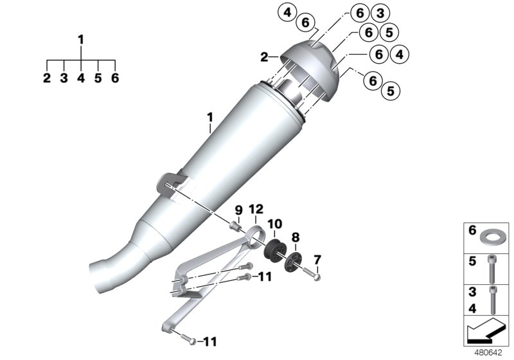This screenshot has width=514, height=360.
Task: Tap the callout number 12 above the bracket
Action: click(256, 209)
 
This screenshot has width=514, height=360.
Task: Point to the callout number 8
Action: click(296, 237)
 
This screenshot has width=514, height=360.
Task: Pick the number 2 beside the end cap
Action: click(263, 57)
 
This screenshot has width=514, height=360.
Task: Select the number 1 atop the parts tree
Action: click(81, 40)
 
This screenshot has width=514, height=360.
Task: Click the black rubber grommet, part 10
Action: click(274, 249)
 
